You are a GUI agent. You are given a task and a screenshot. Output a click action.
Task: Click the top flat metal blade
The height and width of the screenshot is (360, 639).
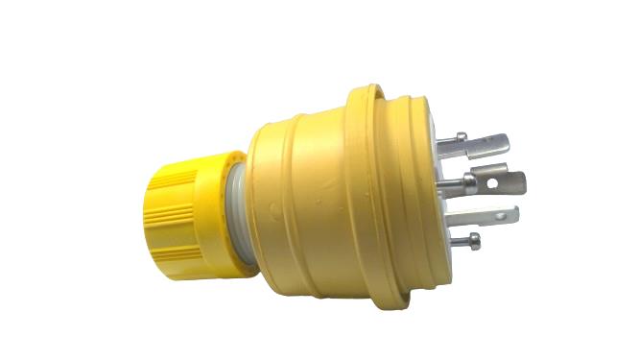click(x=480, y=145)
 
